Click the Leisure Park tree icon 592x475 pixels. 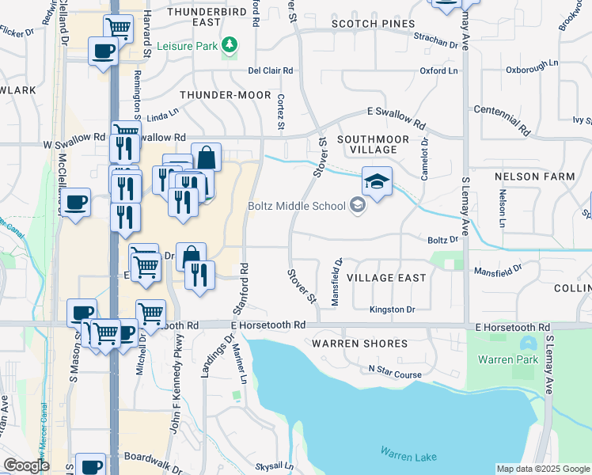coord(230,45)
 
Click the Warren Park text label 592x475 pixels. coord(507,359)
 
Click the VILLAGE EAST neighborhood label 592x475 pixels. coord(385,278)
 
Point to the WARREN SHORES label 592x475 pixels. coord(359,344)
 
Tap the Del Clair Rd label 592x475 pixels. coord(271,70)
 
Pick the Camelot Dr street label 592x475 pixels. coord(425,159)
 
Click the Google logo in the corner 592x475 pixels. coord(25,465)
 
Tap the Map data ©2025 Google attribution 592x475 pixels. coord(543,469)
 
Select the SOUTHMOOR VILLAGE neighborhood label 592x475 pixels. coord(366,143)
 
